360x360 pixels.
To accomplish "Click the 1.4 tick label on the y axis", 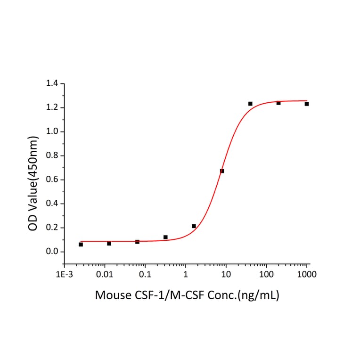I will tap(52, 84).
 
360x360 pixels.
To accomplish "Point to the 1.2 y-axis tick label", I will tap(52, 108).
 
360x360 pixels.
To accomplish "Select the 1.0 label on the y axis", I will tap(52, 132).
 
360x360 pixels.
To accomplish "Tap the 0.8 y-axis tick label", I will tap(52, 156).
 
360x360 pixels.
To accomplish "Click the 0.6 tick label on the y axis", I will tap(52, 180).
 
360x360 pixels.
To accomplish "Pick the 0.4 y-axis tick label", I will tap(52, 204).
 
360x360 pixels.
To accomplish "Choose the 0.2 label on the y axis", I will tap(52, 228).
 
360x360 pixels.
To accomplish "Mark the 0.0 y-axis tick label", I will tap(52, 252).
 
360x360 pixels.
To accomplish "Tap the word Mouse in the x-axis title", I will tap(111, 296).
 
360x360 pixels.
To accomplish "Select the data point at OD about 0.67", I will tap(222, 171).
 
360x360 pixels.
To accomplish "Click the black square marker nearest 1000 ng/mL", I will tap(307, 104).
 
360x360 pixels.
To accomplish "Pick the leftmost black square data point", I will tap(81, 245).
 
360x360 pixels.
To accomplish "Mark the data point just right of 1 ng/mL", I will tap(194, 226).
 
